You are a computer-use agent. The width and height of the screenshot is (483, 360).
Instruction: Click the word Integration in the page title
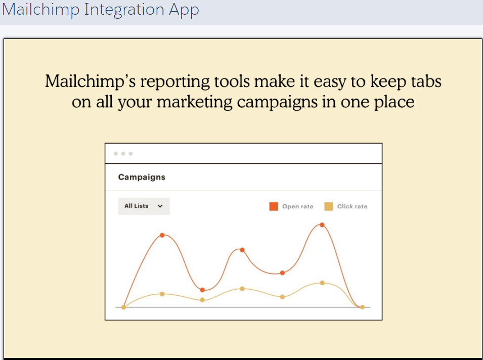tap(124, 10)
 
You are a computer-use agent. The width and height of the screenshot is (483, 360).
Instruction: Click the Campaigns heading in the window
tap(142, 177)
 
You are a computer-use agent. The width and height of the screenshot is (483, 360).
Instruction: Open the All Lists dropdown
tap(144, 206)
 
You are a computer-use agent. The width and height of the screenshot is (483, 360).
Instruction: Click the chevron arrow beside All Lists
tap(160, 206)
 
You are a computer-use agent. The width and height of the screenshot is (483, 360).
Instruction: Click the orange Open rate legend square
tap(274, 206)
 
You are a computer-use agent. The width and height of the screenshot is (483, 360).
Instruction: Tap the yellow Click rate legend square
tap(329, 206)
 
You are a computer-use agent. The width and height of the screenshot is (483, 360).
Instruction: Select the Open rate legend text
tap(297, 206)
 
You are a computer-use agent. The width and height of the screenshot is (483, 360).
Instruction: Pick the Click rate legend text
tap(352, 206)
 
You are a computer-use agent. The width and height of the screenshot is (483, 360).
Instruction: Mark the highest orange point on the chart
tap(322, 225)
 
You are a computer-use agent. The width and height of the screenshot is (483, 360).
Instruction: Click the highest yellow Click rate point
tap(322, 283)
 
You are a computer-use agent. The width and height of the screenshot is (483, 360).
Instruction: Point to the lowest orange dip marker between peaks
tap(202, 290)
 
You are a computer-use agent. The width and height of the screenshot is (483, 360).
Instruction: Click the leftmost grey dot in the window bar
tap(116, 154)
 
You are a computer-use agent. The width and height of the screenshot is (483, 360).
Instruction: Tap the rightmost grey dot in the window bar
tap(130, 154)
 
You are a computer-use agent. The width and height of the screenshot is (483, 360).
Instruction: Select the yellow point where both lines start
tap(123, 307)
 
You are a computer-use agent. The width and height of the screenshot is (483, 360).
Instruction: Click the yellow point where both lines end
tap(362, 307)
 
